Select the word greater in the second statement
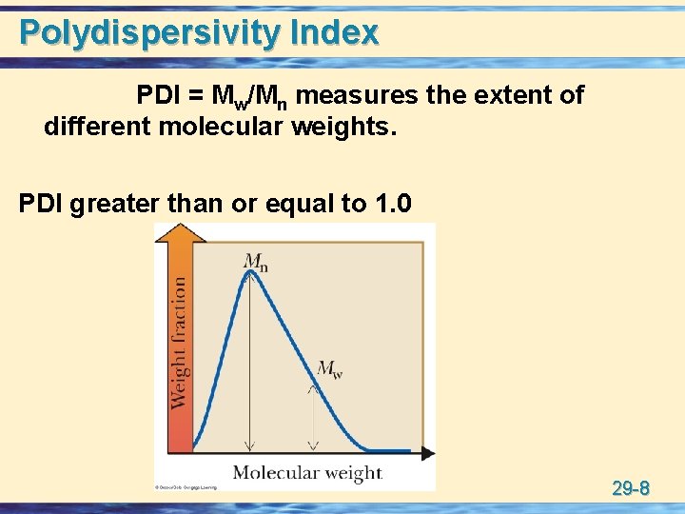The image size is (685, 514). point(122,204)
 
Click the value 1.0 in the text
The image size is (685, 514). point(391,204)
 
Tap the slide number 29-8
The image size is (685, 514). point(631,489)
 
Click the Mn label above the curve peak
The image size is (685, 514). point(256,261)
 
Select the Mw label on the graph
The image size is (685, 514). point(329,368)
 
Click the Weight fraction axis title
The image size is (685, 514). point(179,342)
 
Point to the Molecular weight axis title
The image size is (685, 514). point(306,472)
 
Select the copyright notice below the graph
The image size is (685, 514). point(186,486)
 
